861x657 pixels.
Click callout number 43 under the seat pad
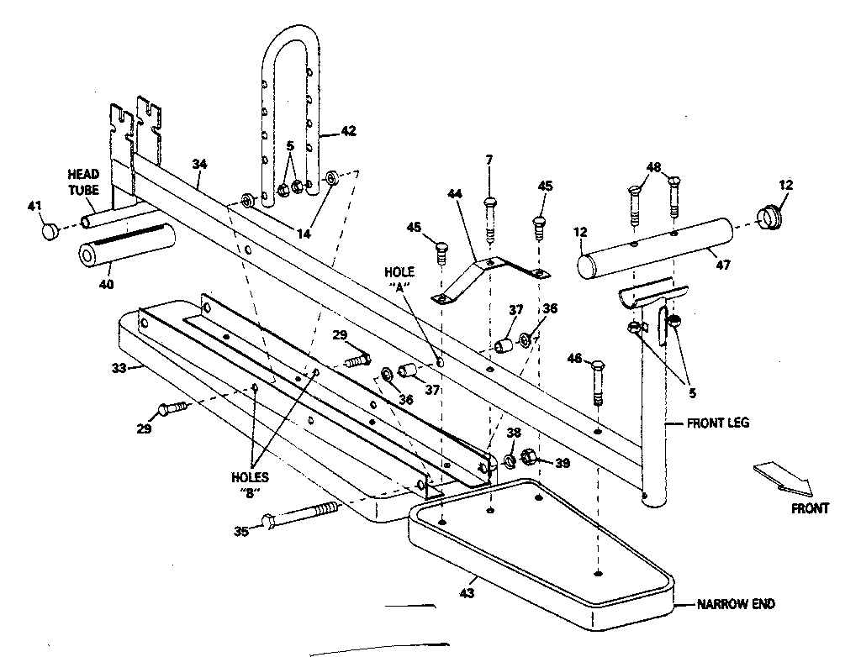pos(467,593)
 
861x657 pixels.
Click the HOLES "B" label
pos(250,484)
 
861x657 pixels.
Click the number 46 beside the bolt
pos(574,360)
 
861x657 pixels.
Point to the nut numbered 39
pos(531,459)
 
